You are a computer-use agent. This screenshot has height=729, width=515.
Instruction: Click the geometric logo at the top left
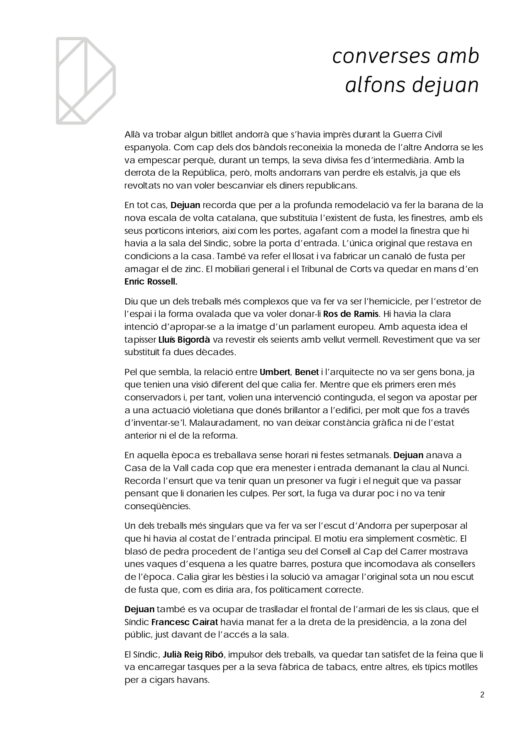click(x=85, y=81)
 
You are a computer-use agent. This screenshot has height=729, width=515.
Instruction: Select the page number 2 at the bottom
click(x=482, y=695)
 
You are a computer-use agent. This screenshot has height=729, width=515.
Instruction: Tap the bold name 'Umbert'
click(x=274, y=372)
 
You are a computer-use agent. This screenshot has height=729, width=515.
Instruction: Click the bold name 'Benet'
click(x=307, y=372)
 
